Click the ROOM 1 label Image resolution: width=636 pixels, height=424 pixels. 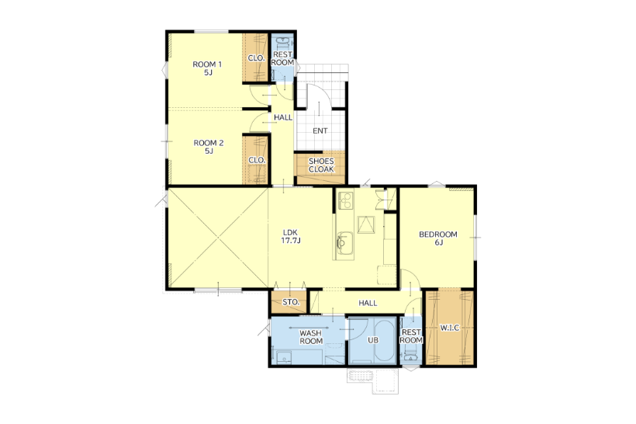point(207,68)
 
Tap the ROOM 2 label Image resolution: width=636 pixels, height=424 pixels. point(209,147)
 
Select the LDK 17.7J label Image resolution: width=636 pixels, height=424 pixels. point(291,236)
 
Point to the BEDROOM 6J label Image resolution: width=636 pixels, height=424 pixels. point(438,238)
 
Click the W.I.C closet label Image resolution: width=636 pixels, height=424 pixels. point(450,328)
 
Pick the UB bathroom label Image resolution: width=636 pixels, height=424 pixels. point(373,340)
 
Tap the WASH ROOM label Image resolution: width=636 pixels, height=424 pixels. point(311,337)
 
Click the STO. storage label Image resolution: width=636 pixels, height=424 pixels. point(291,302)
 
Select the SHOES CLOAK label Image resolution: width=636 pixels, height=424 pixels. point(321,165)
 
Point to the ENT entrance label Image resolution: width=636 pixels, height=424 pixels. point(320,130)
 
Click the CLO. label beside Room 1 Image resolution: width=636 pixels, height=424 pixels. point(257,58)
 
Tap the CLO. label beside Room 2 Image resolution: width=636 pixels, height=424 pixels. point(257,161)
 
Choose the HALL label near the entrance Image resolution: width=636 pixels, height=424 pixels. point(283,117)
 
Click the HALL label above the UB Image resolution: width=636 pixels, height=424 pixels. point(368,303)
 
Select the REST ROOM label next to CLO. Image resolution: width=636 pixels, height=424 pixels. point(282,58)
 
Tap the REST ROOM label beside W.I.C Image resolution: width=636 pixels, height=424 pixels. point(411,336)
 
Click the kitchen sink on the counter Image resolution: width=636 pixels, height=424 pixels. point(345,243)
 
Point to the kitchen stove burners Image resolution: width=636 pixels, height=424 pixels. point(346,200)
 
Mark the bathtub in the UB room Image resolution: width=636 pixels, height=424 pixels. point(384,341)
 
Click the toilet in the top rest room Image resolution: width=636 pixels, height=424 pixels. point(282,42)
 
